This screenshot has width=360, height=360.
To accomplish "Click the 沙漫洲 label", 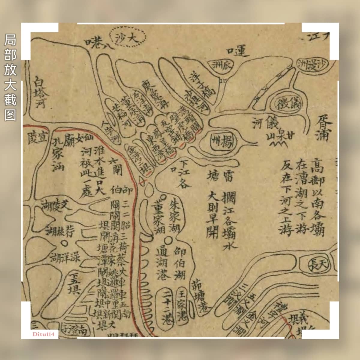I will pyautogui.click(x=315, y=64).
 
